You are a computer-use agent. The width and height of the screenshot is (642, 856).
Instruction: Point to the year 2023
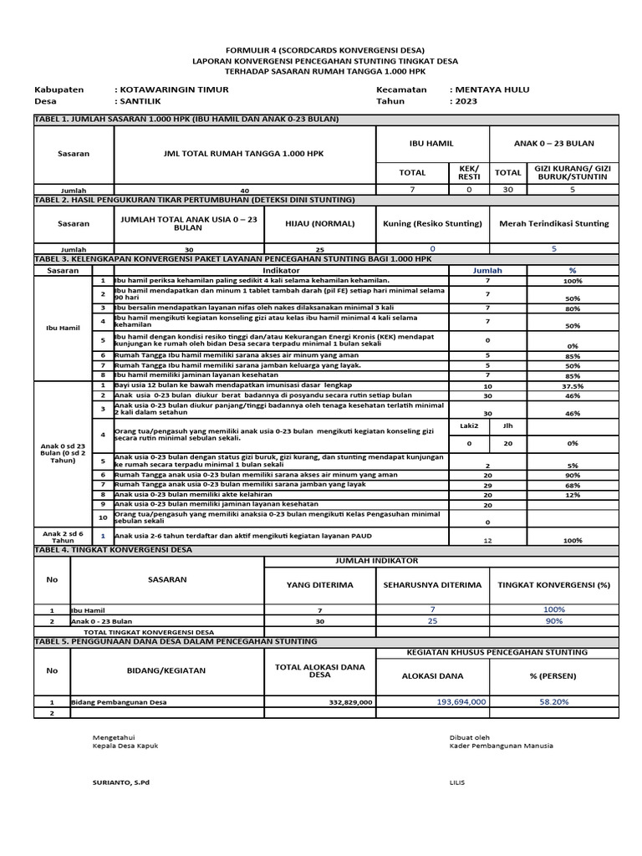pyautogui.click(x=466, y=100)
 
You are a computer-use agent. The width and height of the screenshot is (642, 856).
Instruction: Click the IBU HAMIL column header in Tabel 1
pyautogui.click(x=431, y=144)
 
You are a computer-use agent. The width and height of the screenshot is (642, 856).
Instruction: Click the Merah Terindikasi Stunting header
pyautogui.click(x=553, y=223)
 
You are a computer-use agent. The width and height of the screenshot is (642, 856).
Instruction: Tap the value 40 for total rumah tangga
pyautogui.click(x=245, y=191)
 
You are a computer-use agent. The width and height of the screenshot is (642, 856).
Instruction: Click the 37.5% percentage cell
pyautogui.click(x=573, y=386)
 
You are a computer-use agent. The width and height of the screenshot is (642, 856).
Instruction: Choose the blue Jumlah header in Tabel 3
pyautogui.click(x=487, y=271)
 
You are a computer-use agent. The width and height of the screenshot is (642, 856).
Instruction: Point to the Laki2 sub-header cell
pyautogui.click(x=469, y=425)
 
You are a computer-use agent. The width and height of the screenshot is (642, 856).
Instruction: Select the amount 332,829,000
pyautogui.click(x=344, y=702)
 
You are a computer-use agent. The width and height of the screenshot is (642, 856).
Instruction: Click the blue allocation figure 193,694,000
pyautogui.click(x=461, y=702)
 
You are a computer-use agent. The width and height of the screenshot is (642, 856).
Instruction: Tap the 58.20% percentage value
pyautogui.click(x=553, y=702)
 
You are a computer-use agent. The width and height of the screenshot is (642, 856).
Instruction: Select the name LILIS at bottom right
pyautogui.click(x=456, y=782)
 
